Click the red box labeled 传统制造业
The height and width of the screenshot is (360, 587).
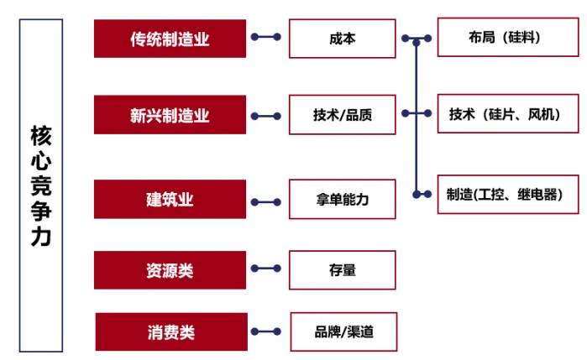click(x=170, y=38)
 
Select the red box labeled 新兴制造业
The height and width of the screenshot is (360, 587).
click(x=170, y=115)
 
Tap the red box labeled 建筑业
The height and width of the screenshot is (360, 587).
click(x=170, y=199)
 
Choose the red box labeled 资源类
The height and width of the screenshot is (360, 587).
click(x=170, y=269)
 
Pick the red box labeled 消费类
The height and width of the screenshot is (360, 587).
click(x=171, y=331)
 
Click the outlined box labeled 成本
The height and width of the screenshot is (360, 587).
click(x=342, y=38)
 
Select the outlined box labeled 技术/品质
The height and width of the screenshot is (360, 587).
click(x=342, y=115)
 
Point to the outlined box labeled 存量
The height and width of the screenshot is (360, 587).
click(x=342, y=269)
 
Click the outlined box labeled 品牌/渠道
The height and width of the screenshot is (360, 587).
click(x=343, y=331)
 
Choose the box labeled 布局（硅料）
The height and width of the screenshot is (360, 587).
click(x=509, y=38)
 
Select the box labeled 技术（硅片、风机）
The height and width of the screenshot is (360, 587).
click(x=509, y=115)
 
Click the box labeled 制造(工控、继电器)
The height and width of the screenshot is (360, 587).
click(x=509, y=194)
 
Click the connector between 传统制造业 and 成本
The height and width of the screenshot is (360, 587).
click(x=267, y=38)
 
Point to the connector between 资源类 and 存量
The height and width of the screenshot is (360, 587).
click(x=267, y=269)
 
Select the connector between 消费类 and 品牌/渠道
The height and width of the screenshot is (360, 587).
click(x=267, y=331)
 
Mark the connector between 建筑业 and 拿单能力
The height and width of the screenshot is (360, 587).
click(x=267, y=201)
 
